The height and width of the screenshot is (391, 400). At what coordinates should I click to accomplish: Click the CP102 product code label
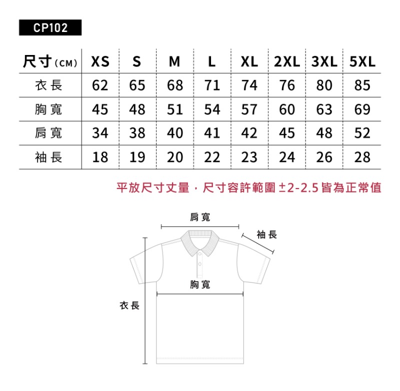pos(50,27)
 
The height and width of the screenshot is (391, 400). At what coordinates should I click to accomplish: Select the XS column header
pos(100,61)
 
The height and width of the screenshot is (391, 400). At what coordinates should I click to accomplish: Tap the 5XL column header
pos(362,61)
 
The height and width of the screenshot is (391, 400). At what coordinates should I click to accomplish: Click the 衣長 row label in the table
pos(48,85)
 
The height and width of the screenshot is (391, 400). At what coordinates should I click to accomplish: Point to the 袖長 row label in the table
pos(48,157)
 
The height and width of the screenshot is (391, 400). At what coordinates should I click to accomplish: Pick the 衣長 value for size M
pos(175,85)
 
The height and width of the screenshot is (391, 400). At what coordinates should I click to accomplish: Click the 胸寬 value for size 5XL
pos(362,109)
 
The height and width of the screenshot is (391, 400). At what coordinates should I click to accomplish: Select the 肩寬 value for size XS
pos(100,133)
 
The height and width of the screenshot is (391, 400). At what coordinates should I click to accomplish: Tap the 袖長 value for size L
pos(212,157)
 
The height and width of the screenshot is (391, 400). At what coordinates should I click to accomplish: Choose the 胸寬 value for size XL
pos(249,109)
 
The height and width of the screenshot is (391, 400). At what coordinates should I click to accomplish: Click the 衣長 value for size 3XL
pos(324,85)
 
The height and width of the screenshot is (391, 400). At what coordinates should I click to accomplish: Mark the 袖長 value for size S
pos(137,157)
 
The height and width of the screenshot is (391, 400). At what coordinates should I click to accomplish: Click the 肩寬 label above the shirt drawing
pos(200,217)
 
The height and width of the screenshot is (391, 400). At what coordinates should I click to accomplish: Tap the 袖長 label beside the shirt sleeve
pos(267,234)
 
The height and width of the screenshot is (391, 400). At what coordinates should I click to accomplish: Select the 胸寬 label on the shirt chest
pos(200,284)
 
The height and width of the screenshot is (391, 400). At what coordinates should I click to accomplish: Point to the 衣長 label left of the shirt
pos(129,305)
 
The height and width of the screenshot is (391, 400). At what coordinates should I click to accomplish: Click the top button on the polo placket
pos(199,254)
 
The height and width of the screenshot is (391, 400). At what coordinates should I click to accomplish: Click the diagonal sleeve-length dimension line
pos(258,243)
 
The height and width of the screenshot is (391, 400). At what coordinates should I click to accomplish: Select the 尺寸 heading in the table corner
pos(37,61)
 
